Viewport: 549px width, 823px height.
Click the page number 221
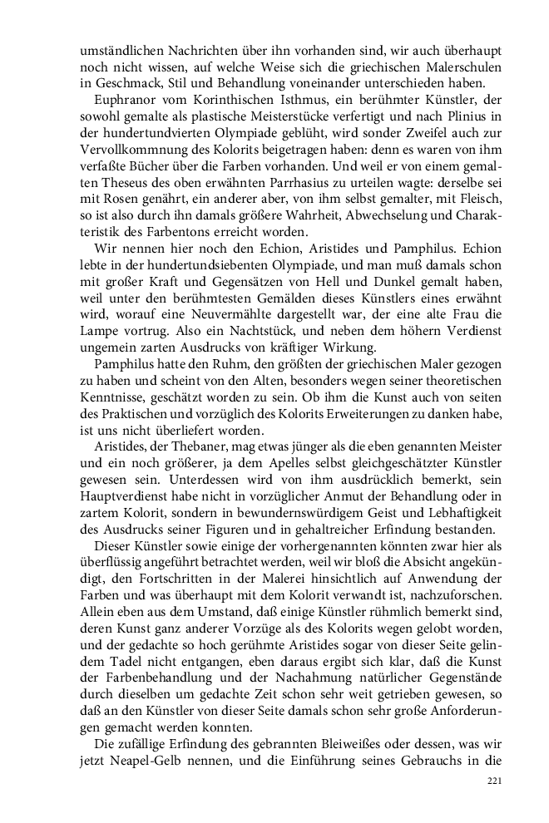click(x=492, y=781)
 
